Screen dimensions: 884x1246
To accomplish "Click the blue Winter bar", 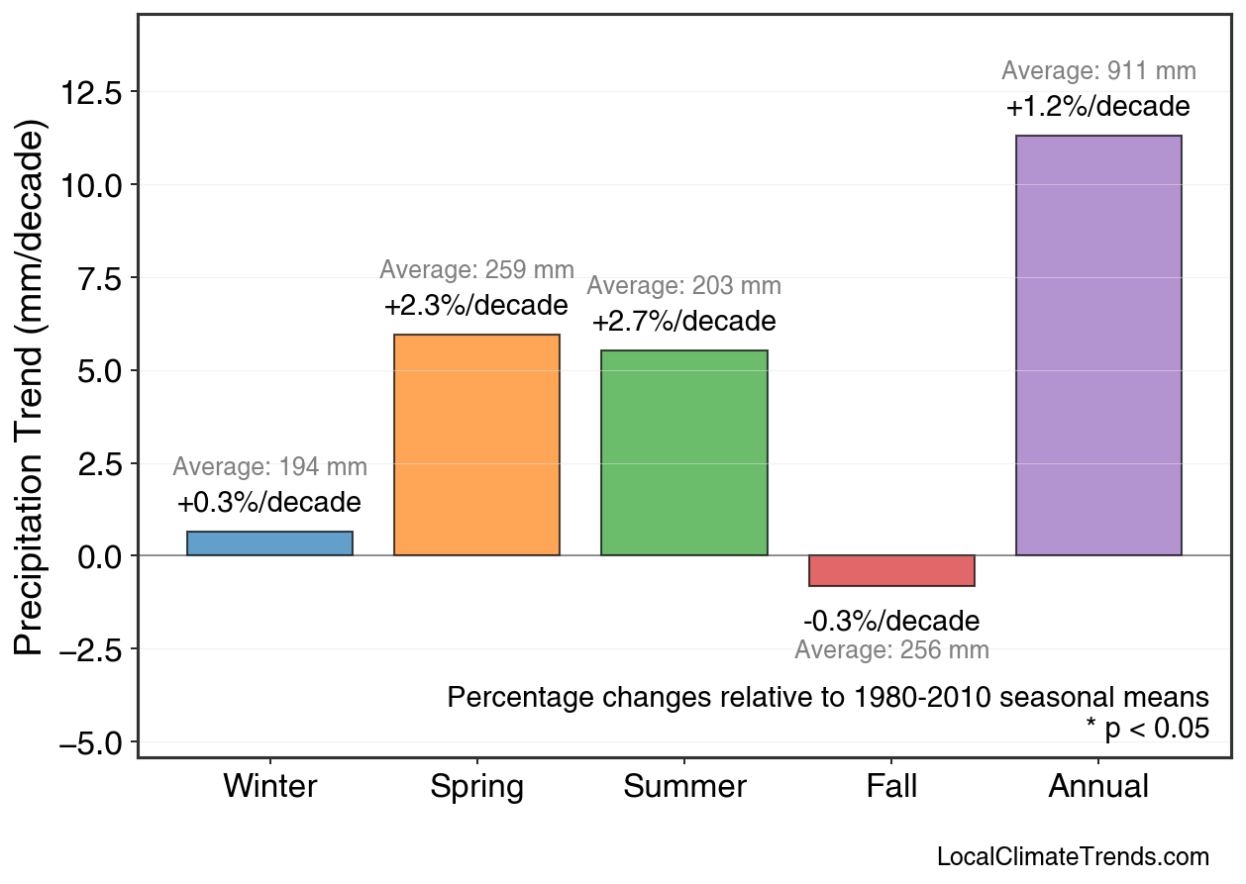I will (x=269, y=543).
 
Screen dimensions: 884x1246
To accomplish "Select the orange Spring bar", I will (x=476, y=445).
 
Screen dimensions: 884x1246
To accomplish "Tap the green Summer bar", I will (x=683, y=453).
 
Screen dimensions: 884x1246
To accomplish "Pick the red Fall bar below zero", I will (x=891, y=570).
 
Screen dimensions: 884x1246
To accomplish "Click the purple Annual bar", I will (x=1098, y=345).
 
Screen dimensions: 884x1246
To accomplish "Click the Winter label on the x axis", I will (x=269, y=786).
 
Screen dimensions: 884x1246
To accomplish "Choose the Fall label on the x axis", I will (x=891, y=786).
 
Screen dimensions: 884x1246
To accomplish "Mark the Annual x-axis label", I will (x=1098, y=786).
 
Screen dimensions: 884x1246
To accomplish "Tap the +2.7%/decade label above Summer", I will (x=683, y=322).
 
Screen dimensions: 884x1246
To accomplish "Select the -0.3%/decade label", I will (x=891, y=622).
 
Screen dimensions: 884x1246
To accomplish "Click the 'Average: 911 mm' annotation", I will (x=1098, y=71).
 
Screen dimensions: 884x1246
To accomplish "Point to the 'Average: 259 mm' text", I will (x=476, y=269).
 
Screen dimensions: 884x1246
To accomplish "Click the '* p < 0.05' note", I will (x=1147, y=729).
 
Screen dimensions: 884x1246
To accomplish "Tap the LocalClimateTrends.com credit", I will (x=1073, y=857).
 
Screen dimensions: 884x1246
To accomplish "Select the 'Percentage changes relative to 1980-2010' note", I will (x=828, y=697).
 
